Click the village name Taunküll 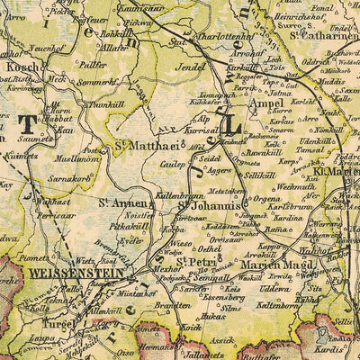[106, 104]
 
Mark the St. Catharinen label [323, 37]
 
